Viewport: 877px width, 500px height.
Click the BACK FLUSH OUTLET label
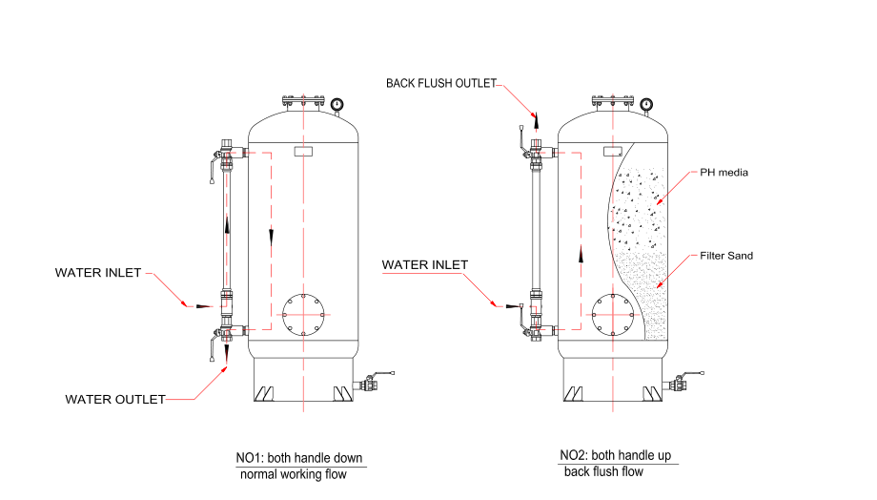[x=440, y=83]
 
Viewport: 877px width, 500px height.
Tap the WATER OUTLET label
[x=114, y=399]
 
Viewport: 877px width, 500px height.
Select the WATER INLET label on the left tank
[x=98, y=273]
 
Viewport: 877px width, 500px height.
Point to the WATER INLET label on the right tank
[x=424, y=264]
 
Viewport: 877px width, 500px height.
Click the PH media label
[x=724, y=173]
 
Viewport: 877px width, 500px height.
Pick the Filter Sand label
[x=727, y=256]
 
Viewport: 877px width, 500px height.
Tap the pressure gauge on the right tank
[x=646, y=104]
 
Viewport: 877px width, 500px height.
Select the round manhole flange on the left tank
[x=304, y=312]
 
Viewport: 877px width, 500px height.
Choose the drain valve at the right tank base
[x=679, y=385]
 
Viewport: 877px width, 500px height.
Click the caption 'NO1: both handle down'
[x=299, y=458]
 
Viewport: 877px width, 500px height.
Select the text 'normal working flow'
[x=294, y=474]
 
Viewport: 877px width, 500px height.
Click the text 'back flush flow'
[x=603, y=471]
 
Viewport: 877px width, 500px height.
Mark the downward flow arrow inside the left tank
[x=272, y=236]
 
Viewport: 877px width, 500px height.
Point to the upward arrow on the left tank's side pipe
[x=227, y=225]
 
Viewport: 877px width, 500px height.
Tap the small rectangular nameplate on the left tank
[x=305, y=152]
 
